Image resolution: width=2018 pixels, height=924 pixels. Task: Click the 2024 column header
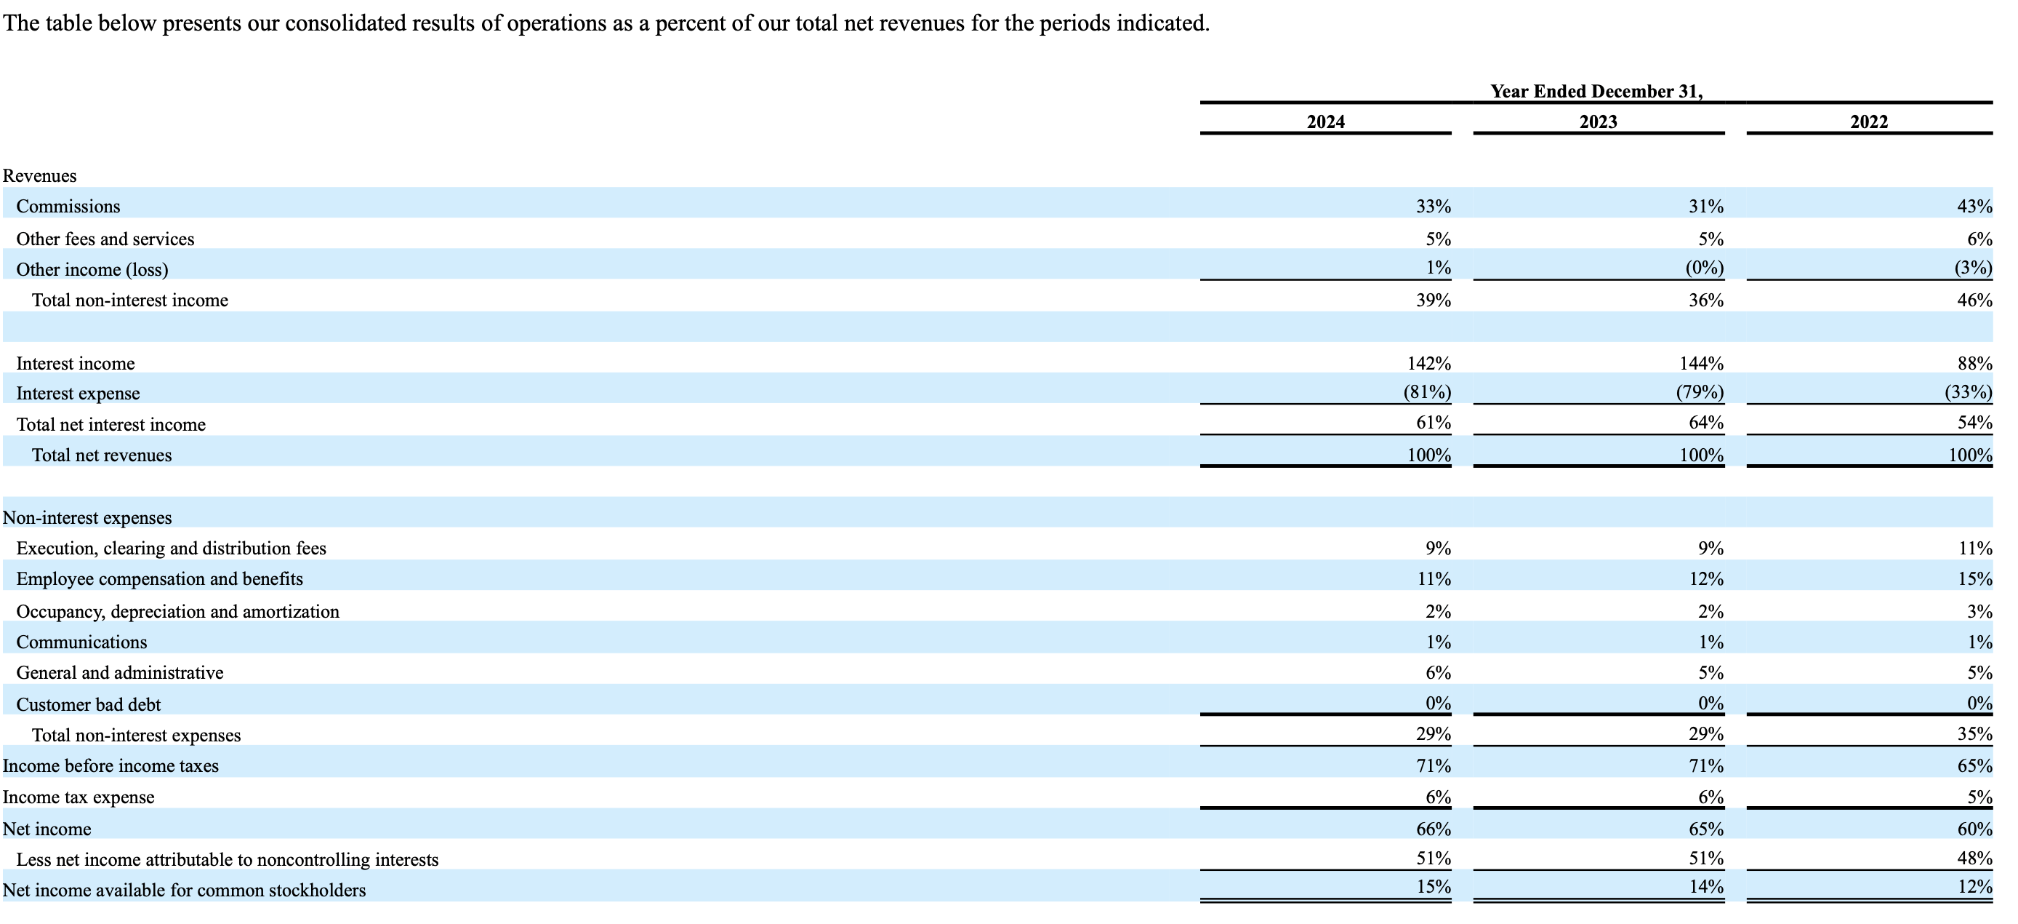coord(1325,122)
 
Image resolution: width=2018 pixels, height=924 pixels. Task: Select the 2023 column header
coord(1598,122)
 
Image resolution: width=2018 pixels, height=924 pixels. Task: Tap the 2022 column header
coord(1869,122)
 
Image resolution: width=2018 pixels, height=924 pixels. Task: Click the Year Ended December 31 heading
coord(1596,91)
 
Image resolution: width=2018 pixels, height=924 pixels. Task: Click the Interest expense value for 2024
coord(1426,393)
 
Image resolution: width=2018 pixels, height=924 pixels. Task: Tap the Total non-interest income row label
coord(130,300)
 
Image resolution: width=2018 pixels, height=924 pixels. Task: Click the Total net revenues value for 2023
coord(1701,455)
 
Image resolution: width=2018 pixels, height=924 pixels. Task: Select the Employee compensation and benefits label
coord(160,578)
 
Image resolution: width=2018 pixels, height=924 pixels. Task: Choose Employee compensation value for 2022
coord(1974,578)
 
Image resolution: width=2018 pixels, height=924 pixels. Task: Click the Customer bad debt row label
coord(89,704)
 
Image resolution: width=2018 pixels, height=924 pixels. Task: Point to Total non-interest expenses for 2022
coord(1974,733)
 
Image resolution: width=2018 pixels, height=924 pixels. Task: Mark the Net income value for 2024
coord(1433,829)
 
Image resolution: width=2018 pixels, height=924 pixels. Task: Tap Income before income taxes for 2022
coord(1974,765)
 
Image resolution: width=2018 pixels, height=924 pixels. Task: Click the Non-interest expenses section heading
coord(88,517)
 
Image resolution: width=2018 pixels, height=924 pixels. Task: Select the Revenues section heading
coord(40,175)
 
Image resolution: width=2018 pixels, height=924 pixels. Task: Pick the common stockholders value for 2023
coord(1705,886)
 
